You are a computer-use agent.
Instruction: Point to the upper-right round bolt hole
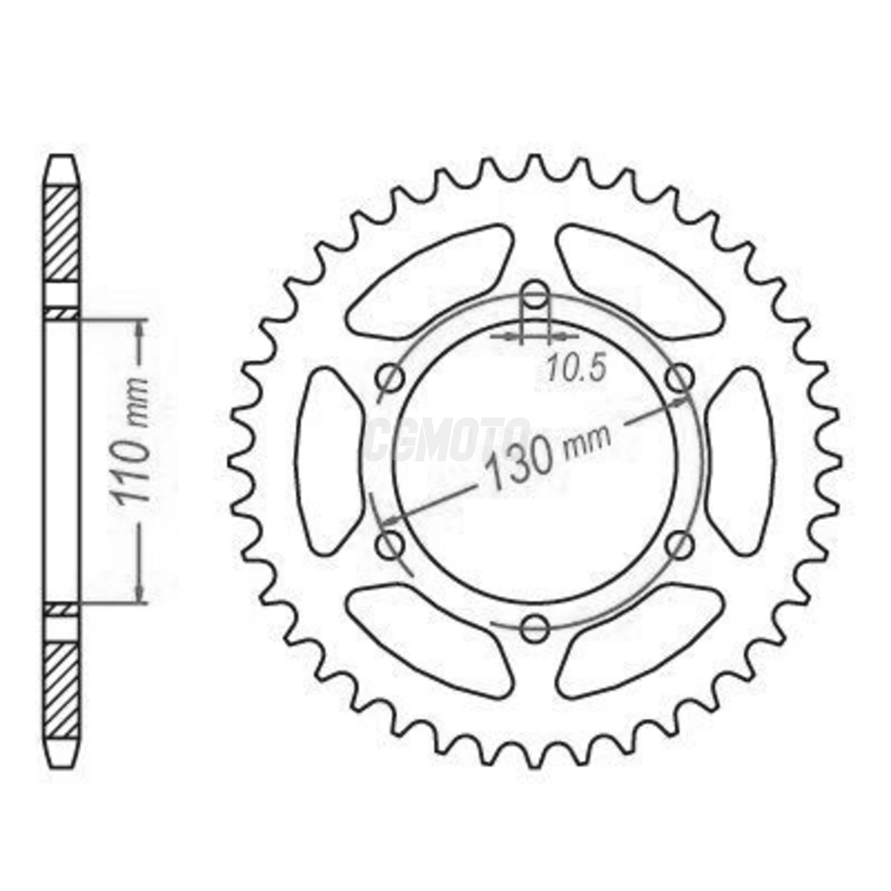tap(680, 378)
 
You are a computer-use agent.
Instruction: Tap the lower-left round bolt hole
tap(390, 545)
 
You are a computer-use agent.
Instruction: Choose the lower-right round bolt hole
tap(680, 545)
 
